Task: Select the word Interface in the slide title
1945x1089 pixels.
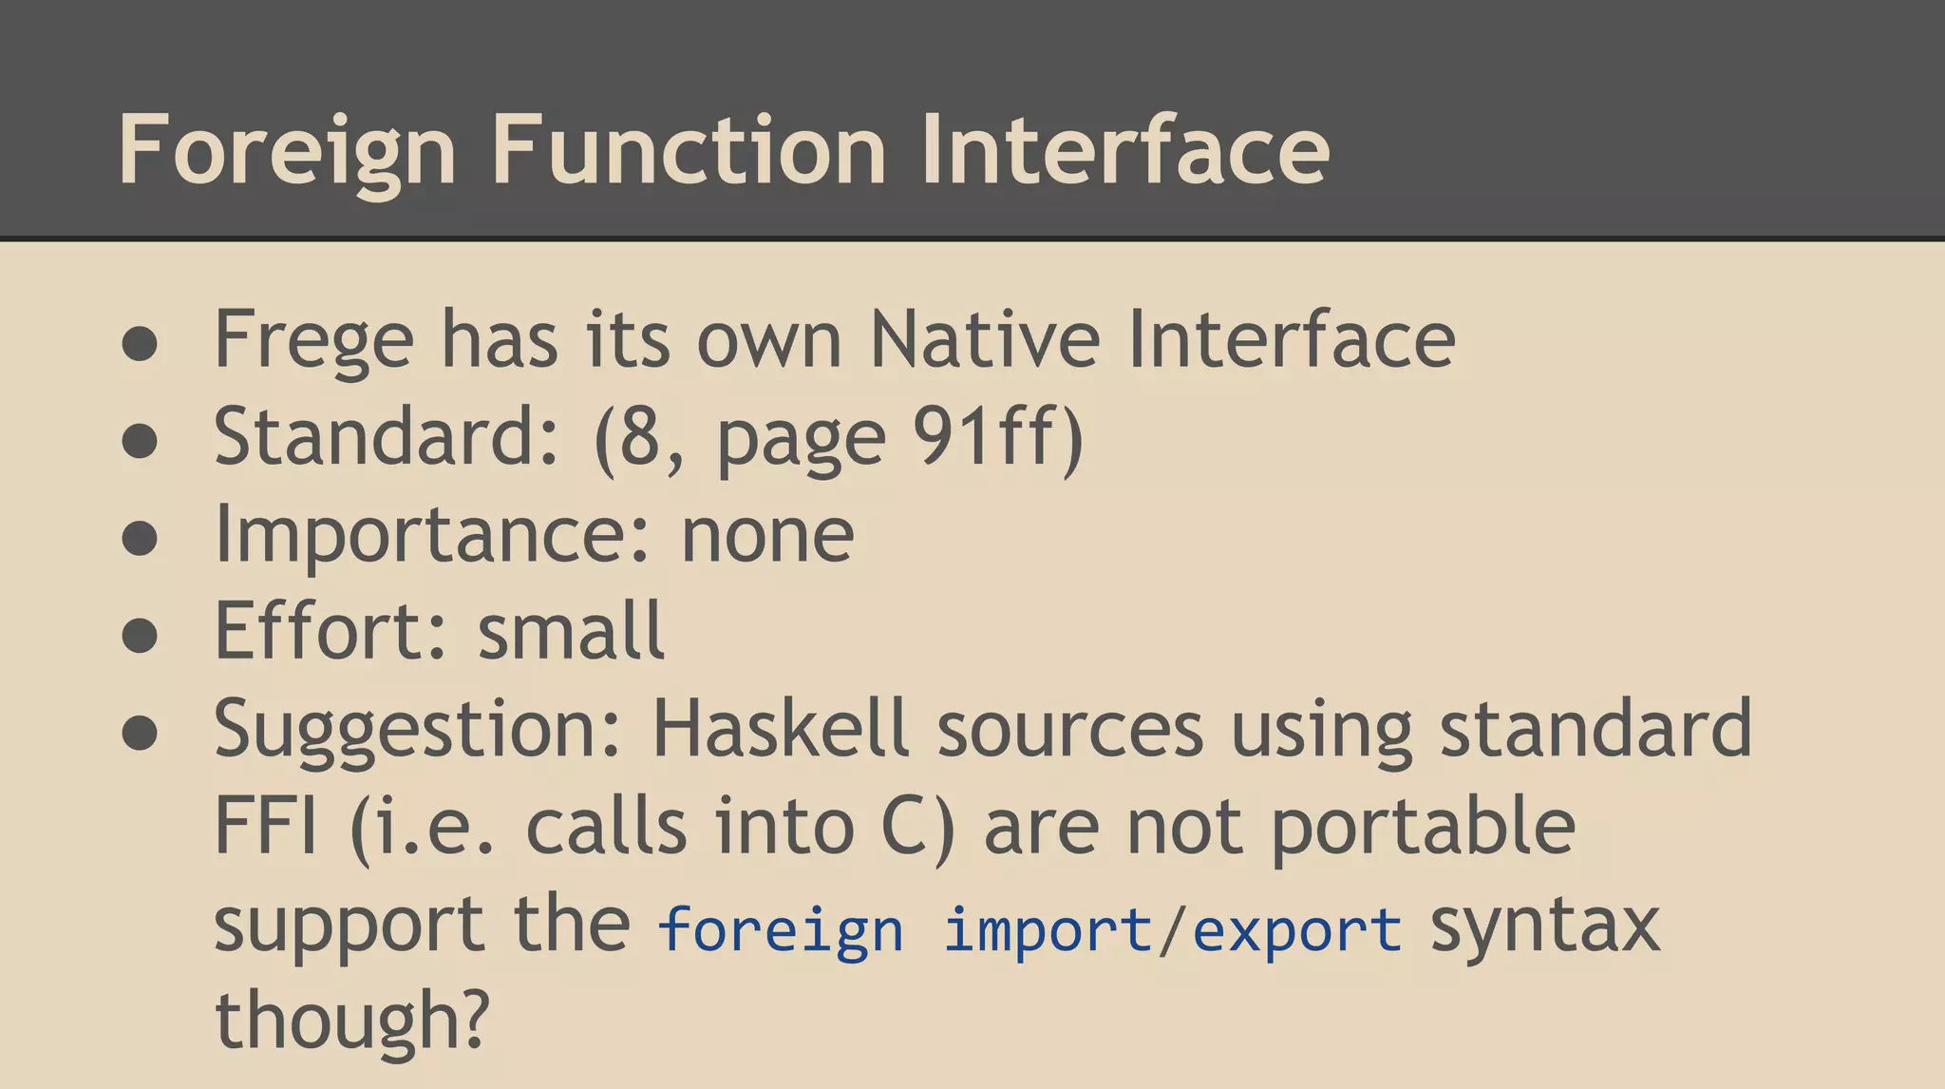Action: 1124,150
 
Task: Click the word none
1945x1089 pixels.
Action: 767,534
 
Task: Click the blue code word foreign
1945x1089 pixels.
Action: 781,929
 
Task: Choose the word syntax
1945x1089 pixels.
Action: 1545,927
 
